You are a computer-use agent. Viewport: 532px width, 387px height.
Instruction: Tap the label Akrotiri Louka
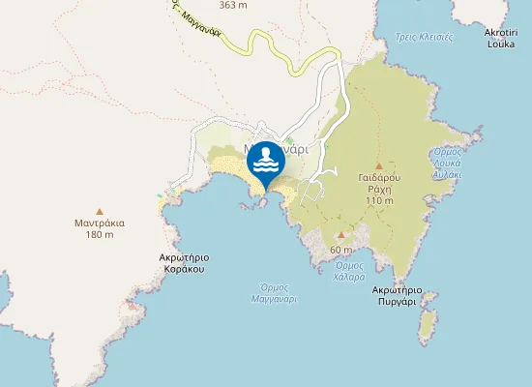click(501, 38)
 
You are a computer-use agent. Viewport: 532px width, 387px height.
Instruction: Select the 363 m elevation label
click(232, 5)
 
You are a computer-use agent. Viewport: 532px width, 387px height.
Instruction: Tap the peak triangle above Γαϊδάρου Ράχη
click(378, 166)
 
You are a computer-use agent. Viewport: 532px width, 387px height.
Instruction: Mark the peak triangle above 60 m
click(340, 235)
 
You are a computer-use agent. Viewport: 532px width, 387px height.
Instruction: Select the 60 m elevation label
click(340, 250)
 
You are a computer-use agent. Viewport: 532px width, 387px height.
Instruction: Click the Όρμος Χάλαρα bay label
click(349, 271)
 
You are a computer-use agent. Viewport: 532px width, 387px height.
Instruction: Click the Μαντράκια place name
click(100, 222)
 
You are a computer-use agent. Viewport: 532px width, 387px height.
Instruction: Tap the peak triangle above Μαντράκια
click(100, 210)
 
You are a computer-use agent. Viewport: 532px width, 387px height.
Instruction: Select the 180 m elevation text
click(100, 235)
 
